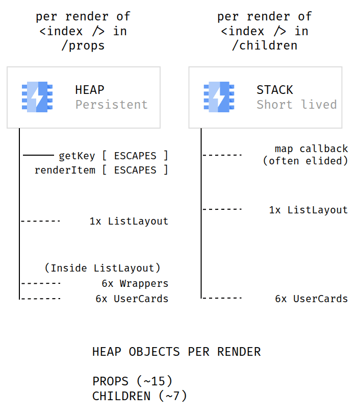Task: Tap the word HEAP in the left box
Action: pos(90,90)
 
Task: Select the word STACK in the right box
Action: pos(275,90)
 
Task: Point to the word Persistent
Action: pos(112,105)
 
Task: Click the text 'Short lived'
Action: pos(297,105)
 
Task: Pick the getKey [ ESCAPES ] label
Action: pos(113,155)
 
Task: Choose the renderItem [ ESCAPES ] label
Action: pos(101,170)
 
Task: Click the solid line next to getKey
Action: pos(38,155)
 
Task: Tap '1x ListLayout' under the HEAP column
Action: pos(129,222)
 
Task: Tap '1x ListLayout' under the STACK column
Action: pos(308,210)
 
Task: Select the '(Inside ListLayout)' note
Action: pos(102,268)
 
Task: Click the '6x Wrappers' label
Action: pos(135,283)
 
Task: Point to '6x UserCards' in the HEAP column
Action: pos(132,299)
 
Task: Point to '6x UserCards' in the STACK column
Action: pos(312,299)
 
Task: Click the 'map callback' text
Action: pos(312,149)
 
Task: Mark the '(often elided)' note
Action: pos(305,161)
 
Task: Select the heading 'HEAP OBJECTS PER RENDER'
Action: pos(176,352)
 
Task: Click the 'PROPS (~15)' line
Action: pos(133,381)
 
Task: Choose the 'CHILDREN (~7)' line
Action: pos(140,396)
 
